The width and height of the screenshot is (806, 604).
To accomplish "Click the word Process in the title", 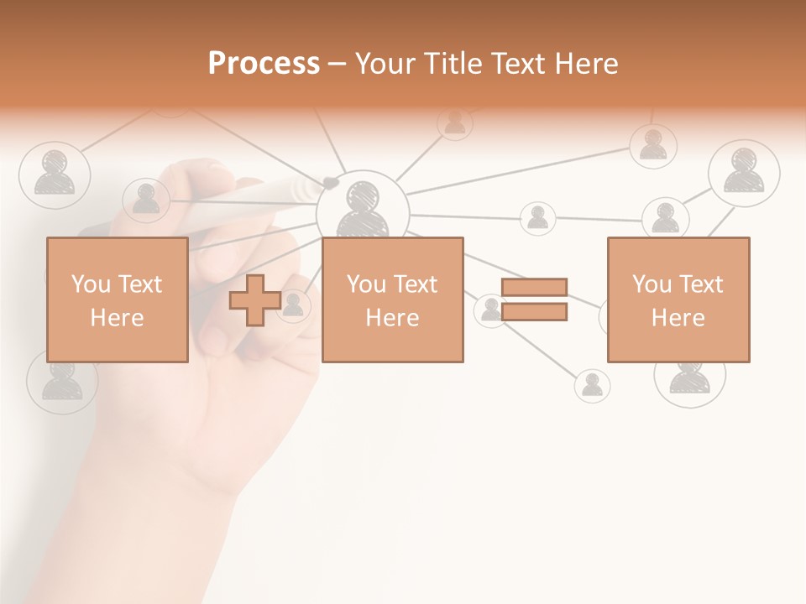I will click(x=264, y=63).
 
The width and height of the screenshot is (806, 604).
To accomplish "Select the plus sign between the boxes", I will click(x=255, y=300).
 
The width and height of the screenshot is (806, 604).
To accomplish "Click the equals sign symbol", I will click(x=534, y=299).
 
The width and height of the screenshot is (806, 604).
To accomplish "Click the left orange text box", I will click(x=117, y=299).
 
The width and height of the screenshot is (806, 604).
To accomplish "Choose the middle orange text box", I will click(x=392, y=299).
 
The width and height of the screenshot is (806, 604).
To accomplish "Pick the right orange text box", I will click(x=678, y=299).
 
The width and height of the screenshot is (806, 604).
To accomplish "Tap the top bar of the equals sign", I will click(x=534, y=287).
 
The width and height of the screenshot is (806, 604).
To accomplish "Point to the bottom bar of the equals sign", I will click(x=534, y=312).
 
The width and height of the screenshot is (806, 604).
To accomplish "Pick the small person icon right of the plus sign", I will click(x=293, y=305).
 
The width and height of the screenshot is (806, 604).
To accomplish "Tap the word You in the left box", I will click(x=92, y=284).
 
